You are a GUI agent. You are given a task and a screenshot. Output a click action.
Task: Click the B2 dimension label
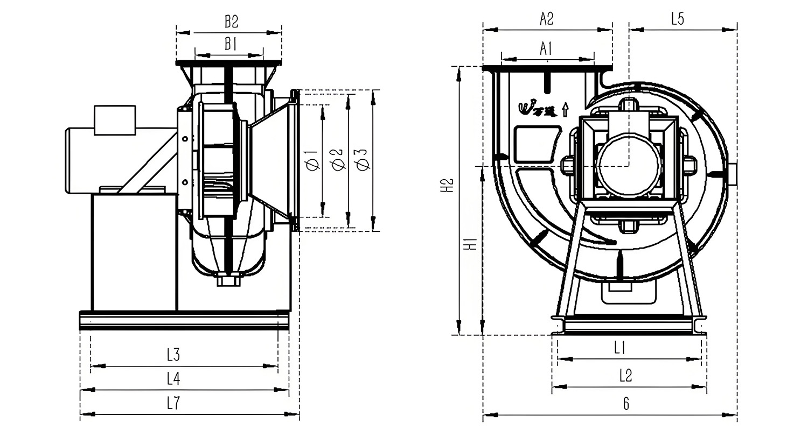(231, 22)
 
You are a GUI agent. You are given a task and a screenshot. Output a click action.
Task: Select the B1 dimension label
(231, 45)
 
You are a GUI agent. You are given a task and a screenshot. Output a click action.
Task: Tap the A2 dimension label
(547, 19)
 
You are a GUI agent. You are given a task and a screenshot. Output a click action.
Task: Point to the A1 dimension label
(546, 49)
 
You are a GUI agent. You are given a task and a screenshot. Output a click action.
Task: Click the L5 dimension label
(678, 19)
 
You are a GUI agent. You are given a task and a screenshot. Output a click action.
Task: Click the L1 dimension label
(620, 348)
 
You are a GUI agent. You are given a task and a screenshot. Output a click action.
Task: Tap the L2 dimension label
(625, 376)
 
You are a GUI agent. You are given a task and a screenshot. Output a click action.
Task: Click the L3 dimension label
(173, 355)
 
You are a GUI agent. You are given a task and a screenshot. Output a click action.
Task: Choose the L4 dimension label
(173, 379)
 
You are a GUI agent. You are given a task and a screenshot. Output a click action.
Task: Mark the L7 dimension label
(173, 404)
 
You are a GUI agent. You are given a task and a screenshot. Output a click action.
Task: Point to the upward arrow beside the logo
(565, 109)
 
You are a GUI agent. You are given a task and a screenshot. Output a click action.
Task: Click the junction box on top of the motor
(114, 120)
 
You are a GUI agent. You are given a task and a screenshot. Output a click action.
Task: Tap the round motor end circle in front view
(628, 165)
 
